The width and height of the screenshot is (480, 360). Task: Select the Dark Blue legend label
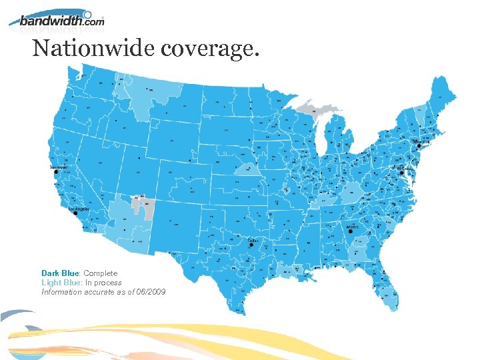coord(60,273)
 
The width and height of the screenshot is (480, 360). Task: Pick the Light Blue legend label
coord(61,283)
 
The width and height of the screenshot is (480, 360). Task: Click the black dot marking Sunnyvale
coord(56,172)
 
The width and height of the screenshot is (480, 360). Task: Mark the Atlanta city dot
coord(351,232)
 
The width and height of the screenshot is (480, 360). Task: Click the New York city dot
coord(419,147)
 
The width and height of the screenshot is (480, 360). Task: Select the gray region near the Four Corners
coord(143,205)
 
